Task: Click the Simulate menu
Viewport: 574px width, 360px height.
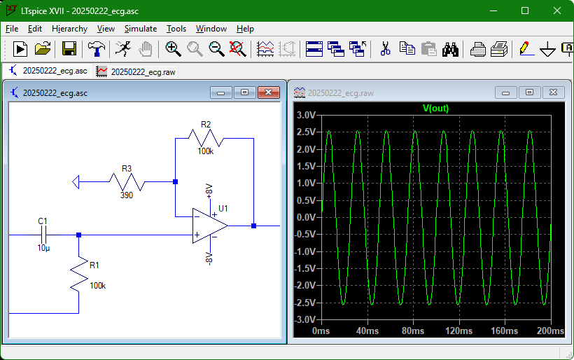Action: pyautogui.click(x=141, y=29)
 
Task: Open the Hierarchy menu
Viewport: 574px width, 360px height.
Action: pyautogui.click(x=69, y=29)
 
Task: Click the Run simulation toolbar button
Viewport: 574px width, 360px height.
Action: pyautogui.click(x=20, y=49)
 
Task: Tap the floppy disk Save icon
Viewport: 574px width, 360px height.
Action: pyautogui.click(x=69, y=49)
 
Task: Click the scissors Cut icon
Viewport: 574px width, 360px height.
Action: pyautogui.click(x=385, y=49)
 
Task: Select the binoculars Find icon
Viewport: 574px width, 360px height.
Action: pyautogui.click(x=450, y=49)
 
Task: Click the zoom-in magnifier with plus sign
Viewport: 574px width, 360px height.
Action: pyautogui.click(x=173, y=49)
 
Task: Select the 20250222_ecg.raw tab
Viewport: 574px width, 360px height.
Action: pyautogui.click(x=136, y=71)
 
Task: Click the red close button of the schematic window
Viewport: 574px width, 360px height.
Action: pyautogui.click(x=268, y=92)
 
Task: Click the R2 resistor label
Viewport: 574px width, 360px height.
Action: pyautogui.click(x=206, y=125)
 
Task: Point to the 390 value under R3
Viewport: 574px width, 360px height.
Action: pyautogui.click(x=127, y=195)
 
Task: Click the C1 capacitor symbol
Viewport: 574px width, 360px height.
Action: pyautogui.click(x=43, y=235)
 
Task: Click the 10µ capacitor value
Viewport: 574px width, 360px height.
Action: pyautogui.click(x=43, y=248)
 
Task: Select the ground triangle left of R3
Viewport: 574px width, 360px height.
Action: pyautogui.click(x=76, y=182)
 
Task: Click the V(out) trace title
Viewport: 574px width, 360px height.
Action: pyautogui.click(x=435, y=108)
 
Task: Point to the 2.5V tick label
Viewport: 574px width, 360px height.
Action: pyautogui.click(x=306, y=132)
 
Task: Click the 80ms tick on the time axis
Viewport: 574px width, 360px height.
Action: pyautogui.click(x=413, y=331)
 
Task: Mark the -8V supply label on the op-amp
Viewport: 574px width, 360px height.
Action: pyautogui.click(x=209, y=258)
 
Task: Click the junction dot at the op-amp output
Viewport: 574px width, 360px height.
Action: pyautogui.click(x=253, y=226)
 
